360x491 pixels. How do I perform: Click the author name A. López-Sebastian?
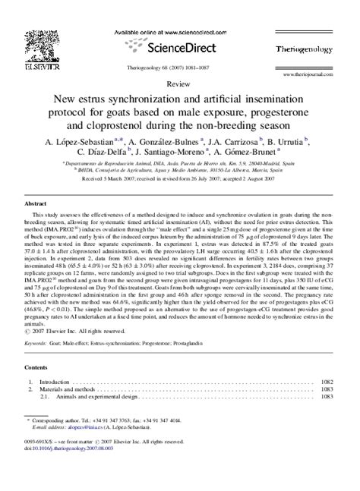point(81,141)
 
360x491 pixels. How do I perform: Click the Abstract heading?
point(36,205)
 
